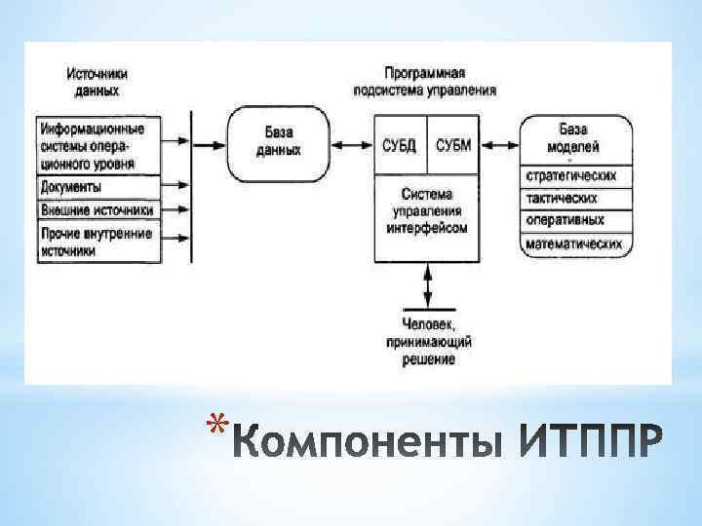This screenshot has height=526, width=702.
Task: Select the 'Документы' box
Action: coord(98,187)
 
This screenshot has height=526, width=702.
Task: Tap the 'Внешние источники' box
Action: coord(98,208)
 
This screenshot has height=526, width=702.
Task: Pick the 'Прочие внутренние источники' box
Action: coord(98,242)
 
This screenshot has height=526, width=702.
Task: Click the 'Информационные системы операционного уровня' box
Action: coord(98,146)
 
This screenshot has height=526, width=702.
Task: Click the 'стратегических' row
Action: coord(572,176)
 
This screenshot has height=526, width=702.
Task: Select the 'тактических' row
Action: coord(572,199)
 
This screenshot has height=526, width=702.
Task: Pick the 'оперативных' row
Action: coord(572,221)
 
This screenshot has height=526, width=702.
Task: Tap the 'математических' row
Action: coord(572,244)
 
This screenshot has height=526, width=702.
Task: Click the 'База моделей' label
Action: coord(572,138)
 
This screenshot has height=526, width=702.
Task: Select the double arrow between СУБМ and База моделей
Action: coord(500,146)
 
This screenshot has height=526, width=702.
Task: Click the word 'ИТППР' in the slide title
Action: coord(594,444)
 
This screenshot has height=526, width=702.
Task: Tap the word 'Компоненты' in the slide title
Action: coord(370,444)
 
